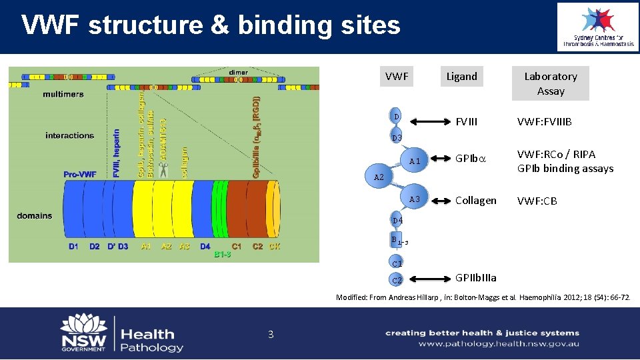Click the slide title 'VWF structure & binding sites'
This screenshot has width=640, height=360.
(211, 25)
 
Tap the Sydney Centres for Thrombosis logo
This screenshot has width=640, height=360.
(597, 27)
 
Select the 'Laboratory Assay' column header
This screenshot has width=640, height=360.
(550, 83)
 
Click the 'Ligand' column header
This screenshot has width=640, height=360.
(461, 76)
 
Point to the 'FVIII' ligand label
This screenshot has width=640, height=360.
(466, 122)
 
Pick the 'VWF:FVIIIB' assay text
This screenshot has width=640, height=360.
(544, 122)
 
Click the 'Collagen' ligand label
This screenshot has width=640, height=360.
(475, 200)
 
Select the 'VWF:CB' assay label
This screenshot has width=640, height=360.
(537, 201)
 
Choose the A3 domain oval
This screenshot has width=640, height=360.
(414, 199)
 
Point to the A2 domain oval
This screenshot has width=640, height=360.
(379, 177)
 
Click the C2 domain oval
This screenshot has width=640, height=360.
(397, 280)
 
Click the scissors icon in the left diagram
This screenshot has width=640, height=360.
(163, 169)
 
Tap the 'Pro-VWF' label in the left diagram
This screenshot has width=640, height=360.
(80, 175)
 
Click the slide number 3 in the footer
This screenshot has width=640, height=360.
(271, 334)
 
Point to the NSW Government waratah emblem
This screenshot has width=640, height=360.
(83, 327)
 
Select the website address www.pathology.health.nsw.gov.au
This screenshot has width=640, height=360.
(499, 344)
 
